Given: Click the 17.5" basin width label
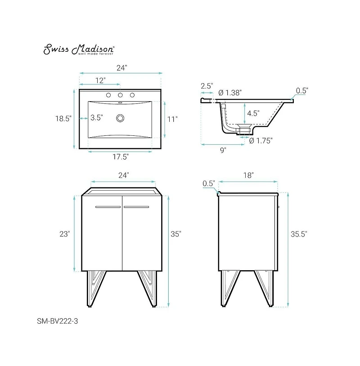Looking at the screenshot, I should [120, 157].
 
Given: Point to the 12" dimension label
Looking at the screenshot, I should [100, 80].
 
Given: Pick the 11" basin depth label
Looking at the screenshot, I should [172, 119].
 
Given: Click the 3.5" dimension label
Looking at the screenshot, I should [96, 118].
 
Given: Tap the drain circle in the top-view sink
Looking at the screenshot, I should [120, 118].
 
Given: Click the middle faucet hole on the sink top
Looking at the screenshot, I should [120, 95].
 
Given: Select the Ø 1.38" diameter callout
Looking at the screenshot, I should [230, 92].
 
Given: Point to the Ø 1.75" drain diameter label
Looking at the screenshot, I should [261, 140].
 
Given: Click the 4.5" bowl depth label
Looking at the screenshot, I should [253, 113].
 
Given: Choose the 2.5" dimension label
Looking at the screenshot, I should [207, 85].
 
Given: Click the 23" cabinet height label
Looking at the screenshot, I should [64, 234].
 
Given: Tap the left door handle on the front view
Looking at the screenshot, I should [108, 207].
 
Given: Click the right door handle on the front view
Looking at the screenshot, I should [136, 207].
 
